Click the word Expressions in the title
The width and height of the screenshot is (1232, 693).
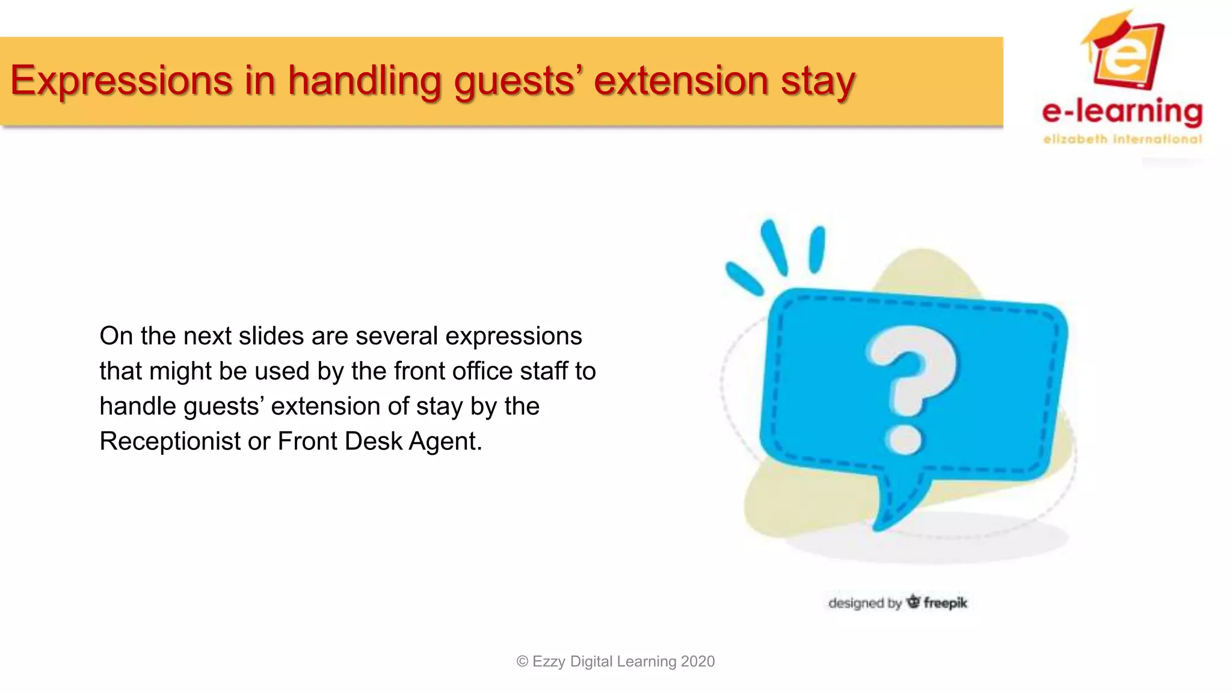coord(121,81)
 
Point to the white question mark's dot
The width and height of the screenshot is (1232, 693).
coord(903,440)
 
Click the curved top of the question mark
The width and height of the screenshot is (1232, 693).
coord(914,349)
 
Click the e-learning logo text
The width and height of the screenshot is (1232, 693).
coord(1122,112)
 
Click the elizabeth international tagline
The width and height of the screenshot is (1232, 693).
coord(1122,140)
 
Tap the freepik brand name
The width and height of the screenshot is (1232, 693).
coord(945,603)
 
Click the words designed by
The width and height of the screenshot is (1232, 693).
coord(864,603)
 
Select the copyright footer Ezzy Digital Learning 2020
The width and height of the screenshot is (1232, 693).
coord(615,661)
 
